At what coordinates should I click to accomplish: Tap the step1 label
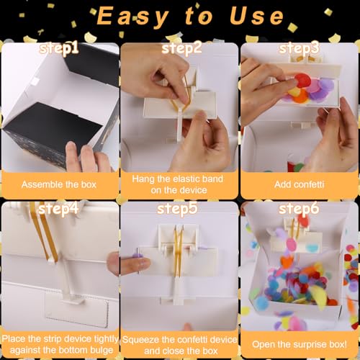pos(60,49)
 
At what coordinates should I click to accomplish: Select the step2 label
pos(181,49)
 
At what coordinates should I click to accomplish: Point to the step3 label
pos(300,49)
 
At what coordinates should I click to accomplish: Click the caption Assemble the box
pos(59,184)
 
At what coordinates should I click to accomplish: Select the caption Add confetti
pos(300,184)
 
